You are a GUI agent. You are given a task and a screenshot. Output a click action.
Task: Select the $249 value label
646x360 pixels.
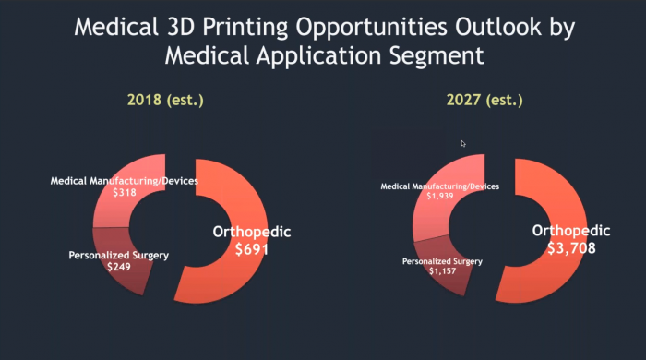pyautogui.click(x=118, y=267)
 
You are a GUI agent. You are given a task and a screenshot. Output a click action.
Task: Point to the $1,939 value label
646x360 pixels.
pyautogui.click(x=439, y=197)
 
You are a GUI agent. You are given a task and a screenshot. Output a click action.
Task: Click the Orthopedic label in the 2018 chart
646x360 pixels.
pyautogui.click(x=252, y=231)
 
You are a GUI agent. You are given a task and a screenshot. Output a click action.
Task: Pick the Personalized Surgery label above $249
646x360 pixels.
pyautogui.click(x=119, y=255)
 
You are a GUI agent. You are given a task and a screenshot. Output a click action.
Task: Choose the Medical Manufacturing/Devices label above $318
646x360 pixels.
pyautogui.click(x=124, y=181)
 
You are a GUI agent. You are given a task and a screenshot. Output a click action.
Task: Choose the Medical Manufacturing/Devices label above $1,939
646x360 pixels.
pyautogui.click(x=440, y=186)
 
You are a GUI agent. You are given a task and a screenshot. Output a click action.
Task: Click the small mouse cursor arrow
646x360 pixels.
pyautogui.click(x=464, y=143)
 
